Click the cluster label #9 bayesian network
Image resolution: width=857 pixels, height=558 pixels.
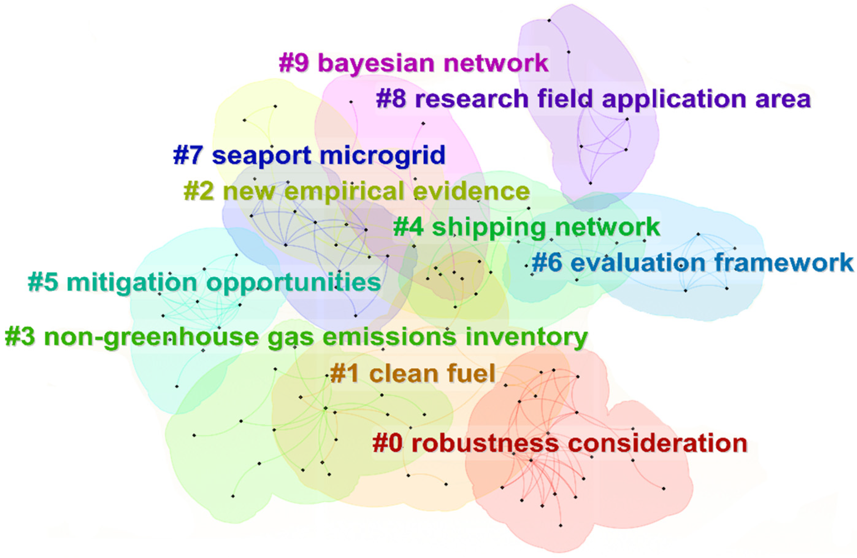pos(413,63)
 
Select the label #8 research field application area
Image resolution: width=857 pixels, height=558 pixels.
pos(593,99)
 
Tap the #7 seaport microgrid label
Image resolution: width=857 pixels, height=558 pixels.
pos(309,156)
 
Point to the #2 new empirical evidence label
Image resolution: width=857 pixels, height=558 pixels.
pos(357,192)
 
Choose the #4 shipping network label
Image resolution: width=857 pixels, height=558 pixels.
pos(526,228)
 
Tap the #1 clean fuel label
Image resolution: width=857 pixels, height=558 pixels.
pos(413,373)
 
